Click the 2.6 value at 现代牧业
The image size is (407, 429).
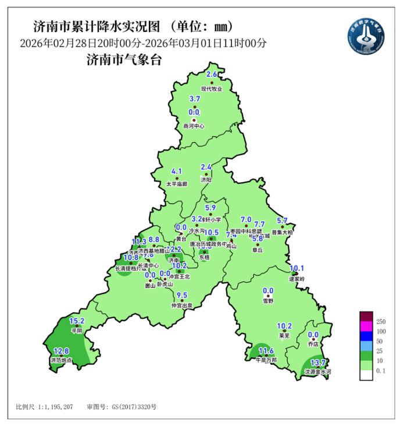(212, 75)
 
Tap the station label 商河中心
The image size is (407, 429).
(194, 125)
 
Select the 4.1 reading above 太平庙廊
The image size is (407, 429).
(177, 171)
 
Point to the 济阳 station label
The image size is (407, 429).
(206, 181)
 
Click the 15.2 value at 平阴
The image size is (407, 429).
(77, 321)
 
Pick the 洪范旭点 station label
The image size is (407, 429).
(61, 361)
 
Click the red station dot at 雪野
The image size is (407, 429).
(268, 297)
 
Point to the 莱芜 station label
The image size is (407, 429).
(284, 336)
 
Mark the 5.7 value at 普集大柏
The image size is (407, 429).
(283, 221)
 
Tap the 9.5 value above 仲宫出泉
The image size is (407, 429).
(182, 295)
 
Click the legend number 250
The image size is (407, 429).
(381, 321)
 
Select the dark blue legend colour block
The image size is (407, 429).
(366, 340)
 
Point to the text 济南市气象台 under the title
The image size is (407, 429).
(123, 59)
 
